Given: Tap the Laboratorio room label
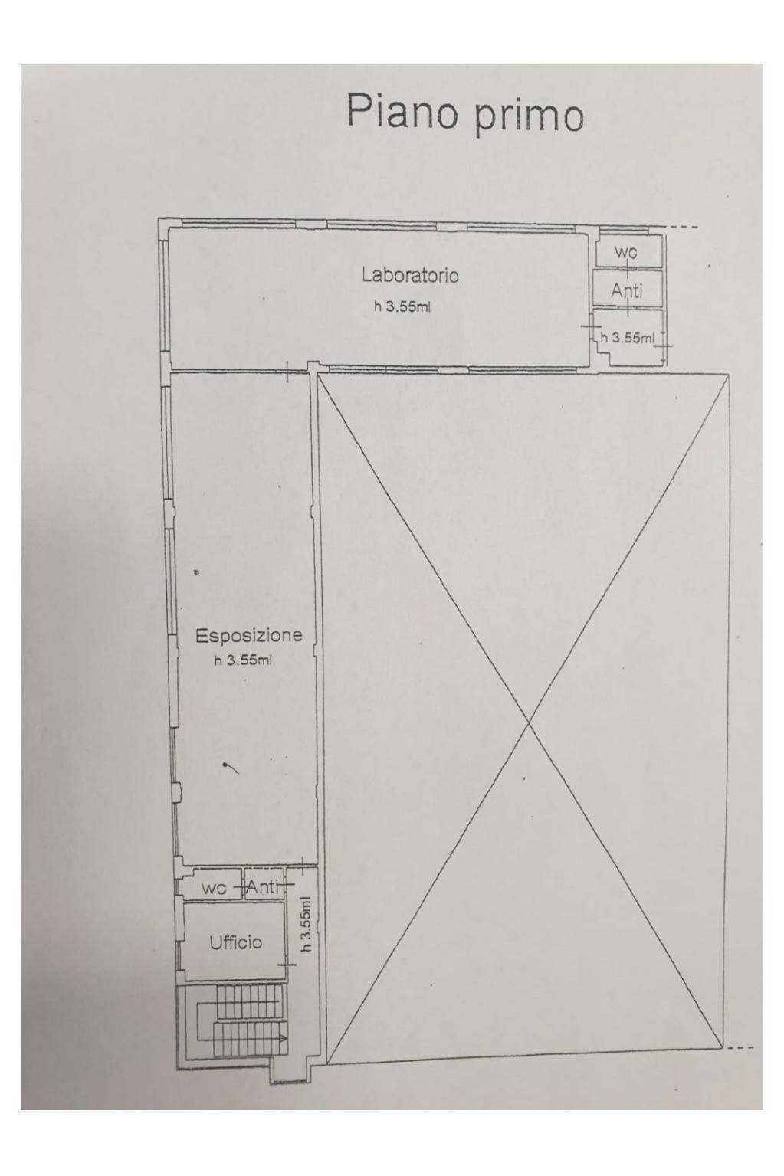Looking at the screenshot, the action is [409, 274].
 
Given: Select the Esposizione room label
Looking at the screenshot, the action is [248, 635].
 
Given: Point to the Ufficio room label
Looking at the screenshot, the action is [236, 942].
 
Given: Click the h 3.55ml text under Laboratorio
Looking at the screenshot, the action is [402, 307].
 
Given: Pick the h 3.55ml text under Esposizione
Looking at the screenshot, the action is [243, 660].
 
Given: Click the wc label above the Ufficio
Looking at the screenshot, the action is [214, 888].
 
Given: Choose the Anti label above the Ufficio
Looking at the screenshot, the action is [262, 886].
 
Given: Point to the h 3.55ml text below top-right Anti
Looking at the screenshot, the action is [628, 338].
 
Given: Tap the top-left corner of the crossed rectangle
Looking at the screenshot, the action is [318, 373].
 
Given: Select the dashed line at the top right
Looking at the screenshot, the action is [683, 227].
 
